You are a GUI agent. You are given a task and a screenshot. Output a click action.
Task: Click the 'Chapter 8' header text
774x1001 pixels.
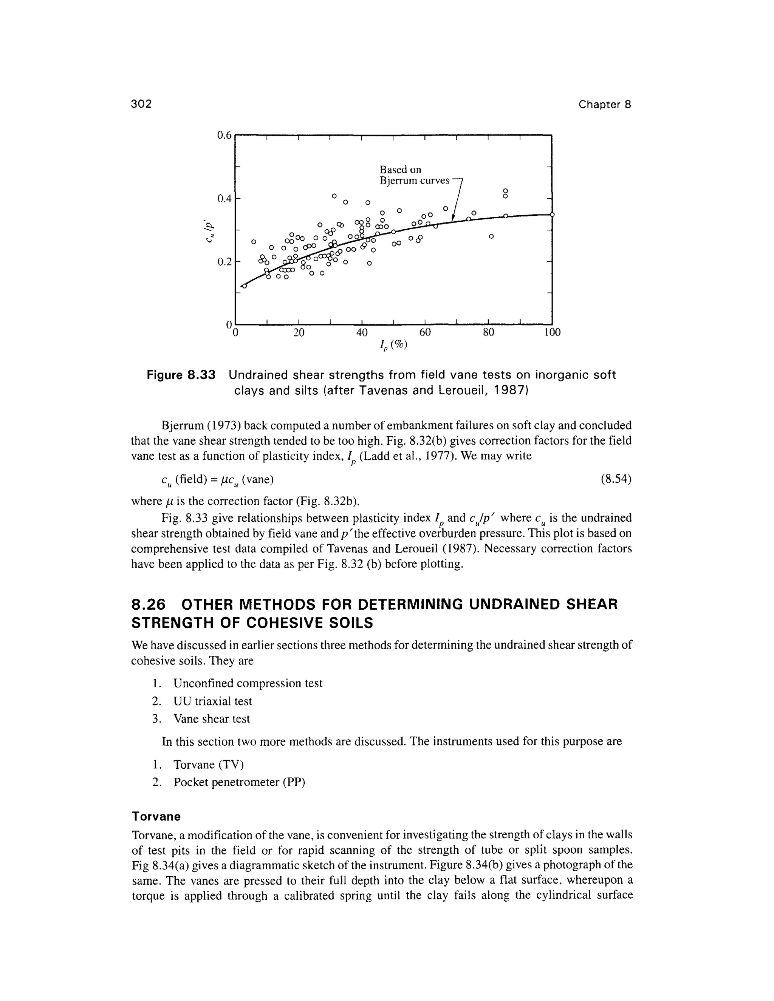coord(604,105)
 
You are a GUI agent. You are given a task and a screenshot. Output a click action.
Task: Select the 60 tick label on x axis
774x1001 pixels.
coord(425,332)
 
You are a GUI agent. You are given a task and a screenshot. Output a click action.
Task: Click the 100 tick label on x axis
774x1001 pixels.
coord(552,332)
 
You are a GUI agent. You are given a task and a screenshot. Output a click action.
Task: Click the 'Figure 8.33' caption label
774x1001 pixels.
coord(181,375)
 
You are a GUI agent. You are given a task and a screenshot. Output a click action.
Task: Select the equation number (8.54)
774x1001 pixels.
coord(616,479)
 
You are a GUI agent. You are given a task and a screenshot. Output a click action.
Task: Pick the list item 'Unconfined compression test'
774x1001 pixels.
coord(248,683)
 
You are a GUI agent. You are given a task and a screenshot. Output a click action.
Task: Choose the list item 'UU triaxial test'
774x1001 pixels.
coord(212,701)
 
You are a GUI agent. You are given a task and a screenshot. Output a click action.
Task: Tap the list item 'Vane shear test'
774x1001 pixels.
coord(211,719)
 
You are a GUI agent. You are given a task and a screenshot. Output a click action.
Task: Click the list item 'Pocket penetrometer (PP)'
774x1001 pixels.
coord(239,782)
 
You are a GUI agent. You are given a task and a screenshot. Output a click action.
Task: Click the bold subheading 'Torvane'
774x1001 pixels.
coord(156,816)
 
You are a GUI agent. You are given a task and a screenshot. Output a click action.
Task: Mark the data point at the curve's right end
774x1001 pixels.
coord(552,214)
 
